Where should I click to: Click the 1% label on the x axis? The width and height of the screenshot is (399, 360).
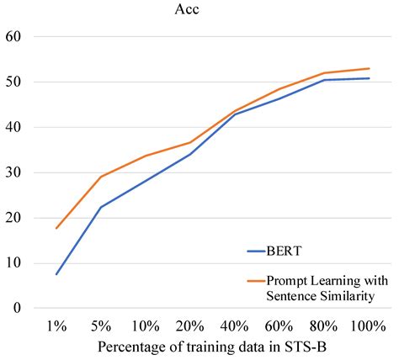[56, 326]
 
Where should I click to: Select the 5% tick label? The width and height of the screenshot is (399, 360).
[101, 326]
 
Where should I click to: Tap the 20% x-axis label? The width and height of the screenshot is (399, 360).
[191, 326]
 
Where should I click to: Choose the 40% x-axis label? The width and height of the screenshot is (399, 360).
[236, 326]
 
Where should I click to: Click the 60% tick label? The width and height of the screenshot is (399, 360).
[280, 326]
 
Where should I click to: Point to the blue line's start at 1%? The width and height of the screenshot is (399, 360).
[56, 274]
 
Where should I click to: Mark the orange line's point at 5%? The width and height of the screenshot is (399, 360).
[101, 177]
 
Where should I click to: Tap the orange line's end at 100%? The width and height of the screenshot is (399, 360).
[370, 69]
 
